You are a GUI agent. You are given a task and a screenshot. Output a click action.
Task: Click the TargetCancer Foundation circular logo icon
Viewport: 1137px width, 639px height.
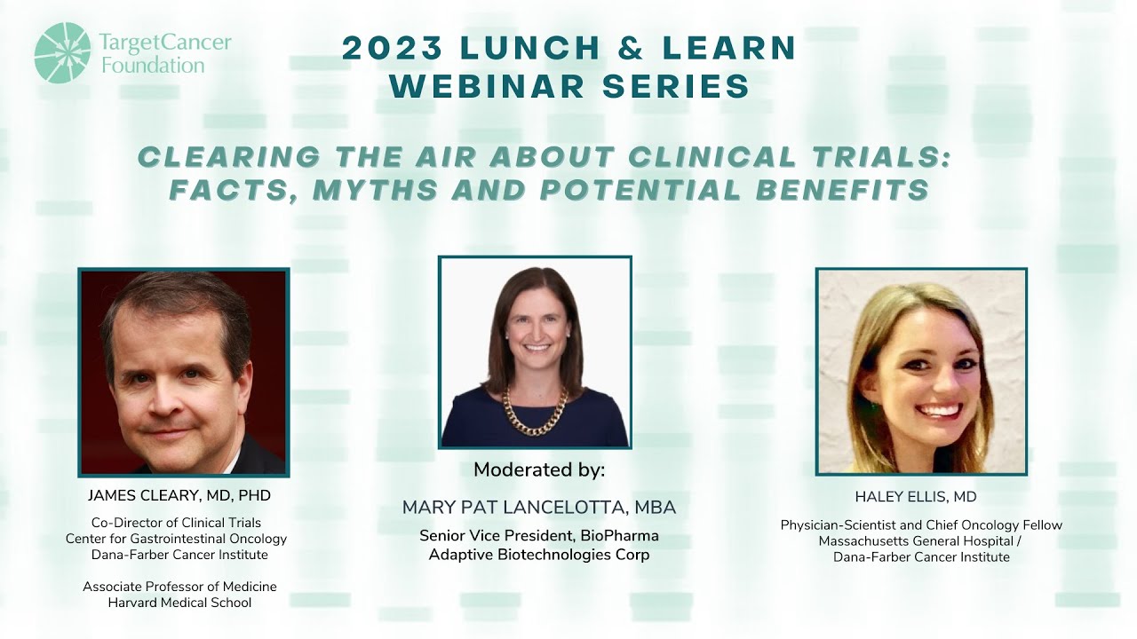click(x=62, y=52)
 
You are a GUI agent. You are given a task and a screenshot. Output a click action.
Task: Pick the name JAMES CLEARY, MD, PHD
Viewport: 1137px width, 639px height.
click(x=179, y=495)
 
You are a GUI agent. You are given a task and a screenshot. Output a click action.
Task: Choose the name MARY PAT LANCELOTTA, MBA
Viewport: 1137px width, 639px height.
click(x=539, y=508)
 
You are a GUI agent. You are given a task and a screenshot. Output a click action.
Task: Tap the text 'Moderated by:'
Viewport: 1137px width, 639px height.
click(x=539, y=469)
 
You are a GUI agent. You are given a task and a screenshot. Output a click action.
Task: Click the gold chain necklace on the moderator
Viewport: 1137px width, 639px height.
click(x=535, y=411)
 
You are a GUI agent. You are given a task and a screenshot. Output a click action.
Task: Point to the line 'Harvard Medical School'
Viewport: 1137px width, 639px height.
click(x=179, y=603)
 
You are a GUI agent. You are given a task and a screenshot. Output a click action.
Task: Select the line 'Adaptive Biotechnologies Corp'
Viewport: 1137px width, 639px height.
click(x=539, y=555)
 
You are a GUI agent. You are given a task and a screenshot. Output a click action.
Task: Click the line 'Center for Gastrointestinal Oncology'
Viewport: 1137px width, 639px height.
click(x=177, y=539)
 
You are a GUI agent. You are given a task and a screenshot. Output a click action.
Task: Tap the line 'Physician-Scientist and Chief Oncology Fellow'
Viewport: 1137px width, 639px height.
click(x=921, y=525)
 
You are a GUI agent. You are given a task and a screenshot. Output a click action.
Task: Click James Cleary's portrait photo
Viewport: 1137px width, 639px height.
click(x=184, y=372)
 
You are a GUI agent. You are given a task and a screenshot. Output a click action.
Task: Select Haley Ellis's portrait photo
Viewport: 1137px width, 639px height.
click(x=921, y=371)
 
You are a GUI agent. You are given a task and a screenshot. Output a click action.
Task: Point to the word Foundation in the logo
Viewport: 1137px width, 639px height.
click(x=153, y=66)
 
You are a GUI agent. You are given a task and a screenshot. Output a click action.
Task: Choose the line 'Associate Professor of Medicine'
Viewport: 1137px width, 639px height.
click(x=179, y=587)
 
